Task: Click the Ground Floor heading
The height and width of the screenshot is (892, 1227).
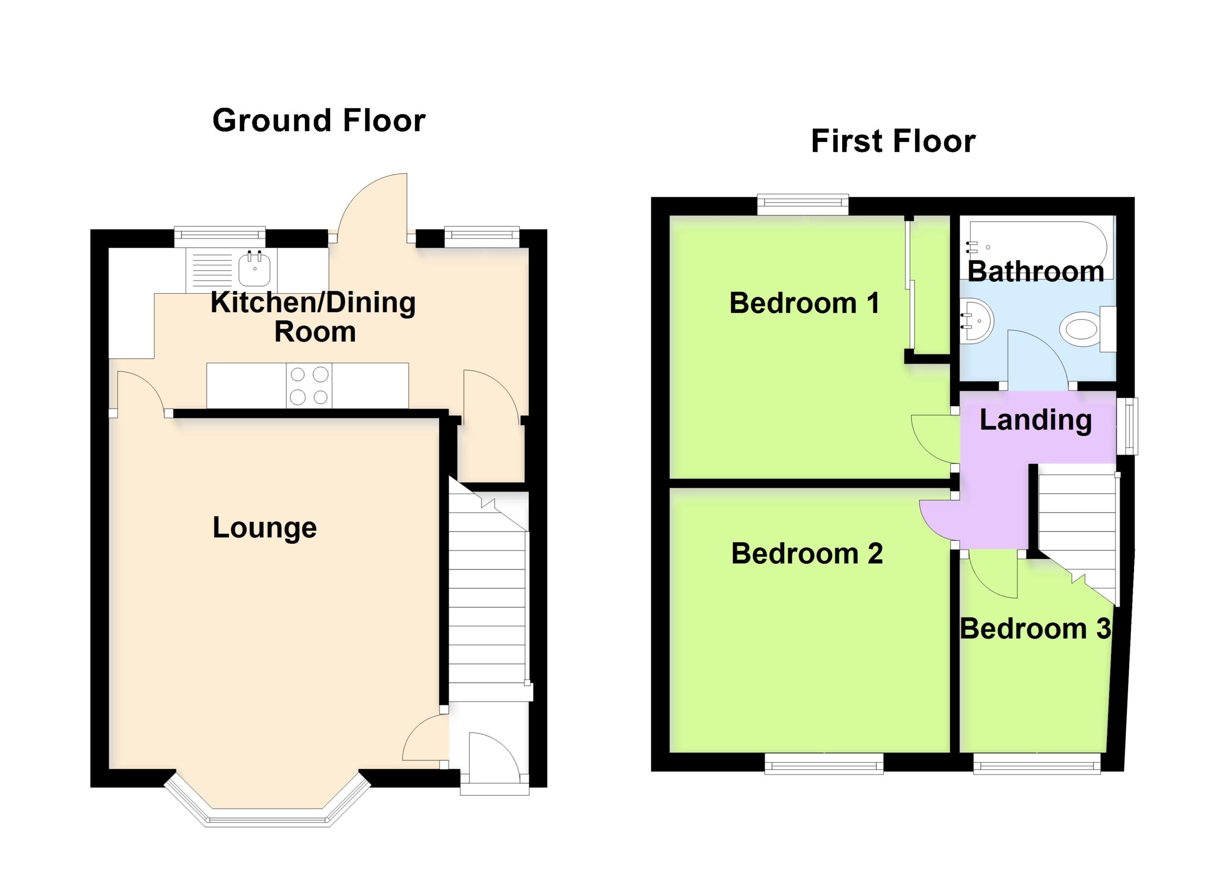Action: [x=319, y=120]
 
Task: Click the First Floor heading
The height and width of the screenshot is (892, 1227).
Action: [x=893, y=141]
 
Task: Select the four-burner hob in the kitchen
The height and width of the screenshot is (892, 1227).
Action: [x=309, y=386]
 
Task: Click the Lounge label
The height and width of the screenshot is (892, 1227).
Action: [x=265, y=527]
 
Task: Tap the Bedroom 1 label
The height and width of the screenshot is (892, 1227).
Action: [x=804, y=303]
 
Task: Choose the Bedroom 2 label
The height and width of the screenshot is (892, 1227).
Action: [x=807, y=554]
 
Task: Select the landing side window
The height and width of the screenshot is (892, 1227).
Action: [x=1127, y=426]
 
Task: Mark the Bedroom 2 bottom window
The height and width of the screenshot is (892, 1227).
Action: [x=824, y=763]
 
